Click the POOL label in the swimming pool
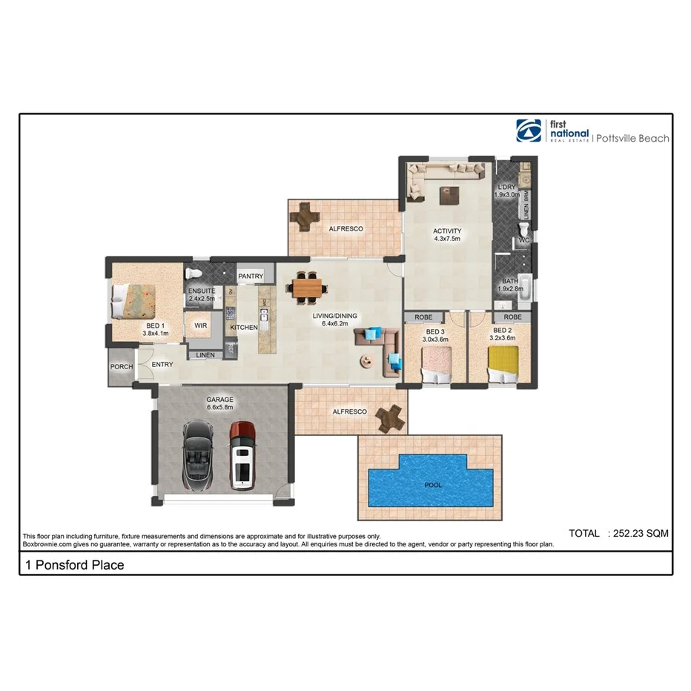click(432, 485)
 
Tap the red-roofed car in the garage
click(242, 454)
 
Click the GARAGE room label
click(219, 400)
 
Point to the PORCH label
click(122, 366)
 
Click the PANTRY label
click(251, 277)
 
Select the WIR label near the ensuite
click(200, 325)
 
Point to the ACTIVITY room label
click(447, 231)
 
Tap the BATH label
click(509, 281)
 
